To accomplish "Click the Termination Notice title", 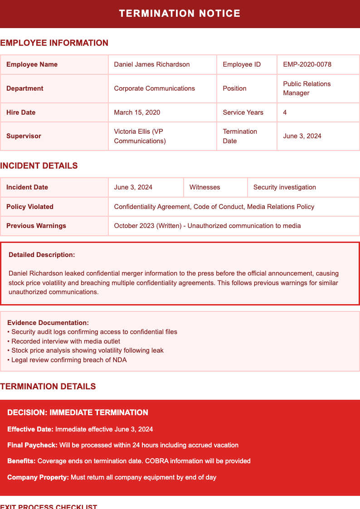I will coord(180,14).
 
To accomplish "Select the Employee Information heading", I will coord(54,43).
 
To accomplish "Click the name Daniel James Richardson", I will coord(152,64).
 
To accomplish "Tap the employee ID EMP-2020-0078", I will coord(307,64).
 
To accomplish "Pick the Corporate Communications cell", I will coord(154,88).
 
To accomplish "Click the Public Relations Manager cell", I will coord(307,88).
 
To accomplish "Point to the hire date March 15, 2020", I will coord(137,112).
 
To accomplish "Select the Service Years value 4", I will coord(285,112).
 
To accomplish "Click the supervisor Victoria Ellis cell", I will coord(140,136).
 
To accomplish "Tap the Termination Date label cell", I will coord(240,136).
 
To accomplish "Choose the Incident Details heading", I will coord(39,166).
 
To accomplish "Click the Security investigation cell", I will coord(284,187).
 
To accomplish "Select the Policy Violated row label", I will coord(30,207).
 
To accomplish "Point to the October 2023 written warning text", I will coord(207,226).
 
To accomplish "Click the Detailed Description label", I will coord(42,255).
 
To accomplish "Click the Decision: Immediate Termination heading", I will coord(78,412).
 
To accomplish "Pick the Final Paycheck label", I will coord(32,445).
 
